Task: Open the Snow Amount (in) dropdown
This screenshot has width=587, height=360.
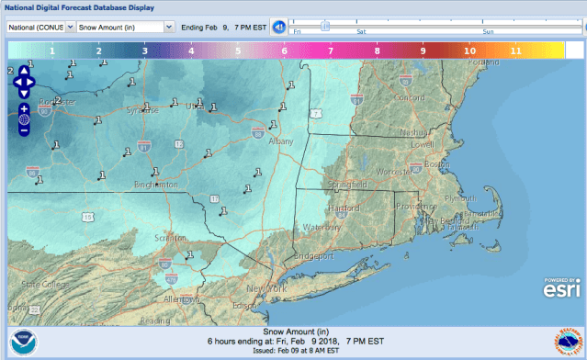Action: (x=126, y=27)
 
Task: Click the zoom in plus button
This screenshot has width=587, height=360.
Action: (x=24, y=108)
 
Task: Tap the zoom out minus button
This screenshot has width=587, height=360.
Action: (x=24, y=129)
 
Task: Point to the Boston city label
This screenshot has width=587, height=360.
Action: (x=435, y=163)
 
